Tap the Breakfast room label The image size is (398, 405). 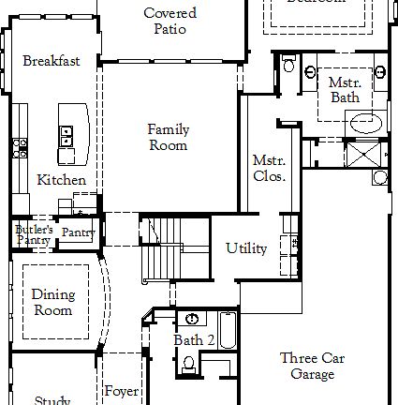(51, 62)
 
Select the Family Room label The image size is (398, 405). (169, 137)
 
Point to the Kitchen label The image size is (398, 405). (62, 180)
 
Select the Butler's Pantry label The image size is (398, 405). (33, 234)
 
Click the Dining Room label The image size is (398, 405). (52, 302)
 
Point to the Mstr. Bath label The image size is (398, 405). (344, 90)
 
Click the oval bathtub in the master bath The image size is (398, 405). (365, 122)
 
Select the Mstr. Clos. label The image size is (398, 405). (269, 168)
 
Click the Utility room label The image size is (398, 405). (246, 248)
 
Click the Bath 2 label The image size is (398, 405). (194, 339)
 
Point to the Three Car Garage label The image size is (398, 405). (313, 366)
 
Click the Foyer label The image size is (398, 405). (121, 391)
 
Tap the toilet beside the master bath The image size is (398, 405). (288, 65)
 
